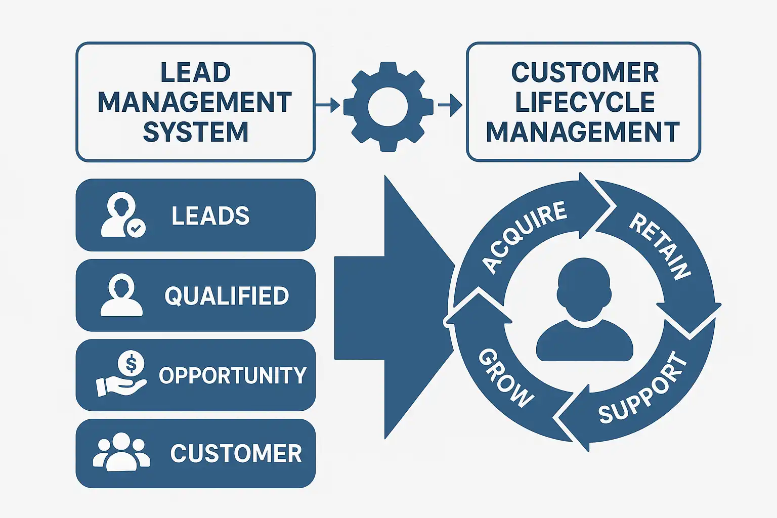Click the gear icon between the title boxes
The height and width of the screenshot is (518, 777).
pos(388,107)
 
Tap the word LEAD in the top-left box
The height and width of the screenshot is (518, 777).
pos(195,73)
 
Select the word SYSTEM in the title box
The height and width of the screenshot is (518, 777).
pos(195,133)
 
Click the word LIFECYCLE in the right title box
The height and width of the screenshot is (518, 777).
pos(584,102)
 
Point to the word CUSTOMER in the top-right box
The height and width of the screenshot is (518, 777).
pos(584,73)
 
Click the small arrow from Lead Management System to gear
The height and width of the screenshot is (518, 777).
pos(328,105)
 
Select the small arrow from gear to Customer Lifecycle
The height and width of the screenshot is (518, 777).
pos(450,105)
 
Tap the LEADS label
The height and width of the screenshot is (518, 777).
pos(210,216)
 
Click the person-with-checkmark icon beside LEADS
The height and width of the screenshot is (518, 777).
pos(123,215)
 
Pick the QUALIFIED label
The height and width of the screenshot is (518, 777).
pos(227,296)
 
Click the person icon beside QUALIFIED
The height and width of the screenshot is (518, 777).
pos(121,295)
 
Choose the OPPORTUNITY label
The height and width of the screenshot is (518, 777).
pos(233,375)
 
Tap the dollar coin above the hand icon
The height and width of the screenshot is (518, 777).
pos(131,363)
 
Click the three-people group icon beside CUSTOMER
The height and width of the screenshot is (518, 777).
pos(121,451)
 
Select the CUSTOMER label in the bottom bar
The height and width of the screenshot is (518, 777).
pos(236,453)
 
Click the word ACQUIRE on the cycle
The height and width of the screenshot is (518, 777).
pos(524,236)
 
